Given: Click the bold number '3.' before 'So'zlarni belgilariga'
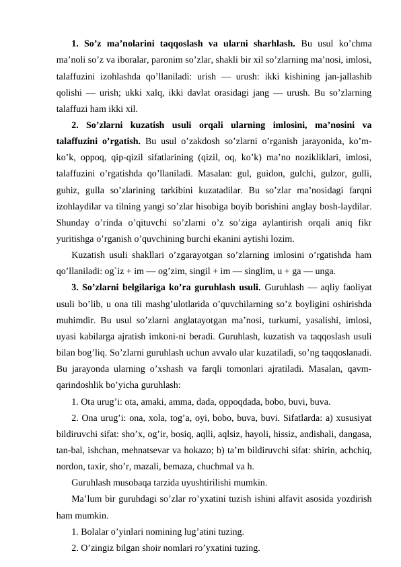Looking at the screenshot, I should pyautogui.click(x=75, y=285).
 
